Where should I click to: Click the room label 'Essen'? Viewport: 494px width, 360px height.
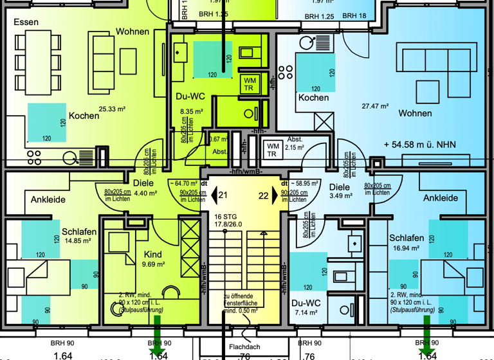(x=26, y=22)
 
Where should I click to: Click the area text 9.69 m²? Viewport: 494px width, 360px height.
(x=154, y=264)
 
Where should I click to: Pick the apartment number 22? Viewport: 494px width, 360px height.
(x=263, y=195)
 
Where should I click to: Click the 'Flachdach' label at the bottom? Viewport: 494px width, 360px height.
(x=245, y=347)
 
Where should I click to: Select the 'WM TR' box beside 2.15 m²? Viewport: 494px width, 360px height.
(x=273, y=150)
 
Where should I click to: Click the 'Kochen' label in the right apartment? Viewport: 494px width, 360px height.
(x=313, y=98)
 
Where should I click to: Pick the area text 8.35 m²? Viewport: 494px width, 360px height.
(x=190, y=111)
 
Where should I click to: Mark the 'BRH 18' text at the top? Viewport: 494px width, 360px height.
(x=354, y=16)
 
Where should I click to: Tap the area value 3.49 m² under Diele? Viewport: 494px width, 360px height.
(x=338, y=196)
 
